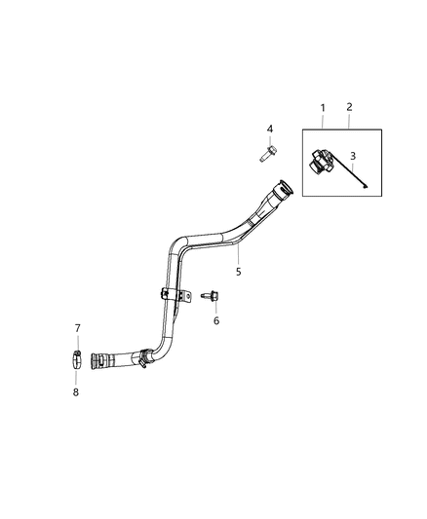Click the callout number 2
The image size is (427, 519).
tap(350, 106)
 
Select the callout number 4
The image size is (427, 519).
tap(271, 129)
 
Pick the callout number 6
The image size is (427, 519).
tap(216, 320)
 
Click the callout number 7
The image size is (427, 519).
tap(78, 328)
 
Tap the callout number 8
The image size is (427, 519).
tap(78, 392)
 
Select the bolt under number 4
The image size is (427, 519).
tap(266, 153)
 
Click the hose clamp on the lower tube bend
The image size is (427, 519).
tap(143, 358)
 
